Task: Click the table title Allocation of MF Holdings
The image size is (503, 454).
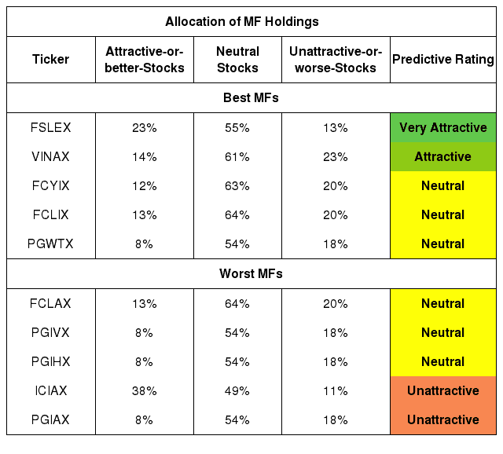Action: [242, 22]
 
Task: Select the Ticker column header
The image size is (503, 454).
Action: [50, 60]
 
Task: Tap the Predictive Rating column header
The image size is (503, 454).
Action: [443, 60]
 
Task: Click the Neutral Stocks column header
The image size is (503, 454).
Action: [237, 60]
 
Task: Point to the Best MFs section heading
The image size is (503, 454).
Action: [251, 97]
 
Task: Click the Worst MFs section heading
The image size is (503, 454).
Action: [251, 274]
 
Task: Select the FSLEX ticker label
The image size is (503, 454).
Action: [50, 127]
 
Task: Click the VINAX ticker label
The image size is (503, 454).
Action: [50, 157]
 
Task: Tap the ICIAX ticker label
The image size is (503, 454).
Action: [50, 391]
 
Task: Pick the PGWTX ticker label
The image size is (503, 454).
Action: [50, 244]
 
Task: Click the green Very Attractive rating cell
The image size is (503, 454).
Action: [443, 127]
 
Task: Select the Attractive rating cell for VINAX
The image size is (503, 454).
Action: [443, 157]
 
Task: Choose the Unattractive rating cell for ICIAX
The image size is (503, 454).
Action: [443, 391]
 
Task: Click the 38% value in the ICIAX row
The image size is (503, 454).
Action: [145, 391]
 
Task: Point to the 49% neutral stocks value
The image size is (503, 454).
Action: [237, 391]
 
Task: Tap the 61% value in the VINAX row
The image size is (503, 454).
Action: [237, 157]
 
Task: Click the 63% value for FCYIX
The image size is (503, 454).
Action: [237, 186]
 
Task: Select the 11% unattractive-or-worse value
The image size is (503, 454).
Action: [336, 391]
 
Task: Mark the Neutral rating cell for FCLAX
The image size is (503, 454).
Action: [443, 304]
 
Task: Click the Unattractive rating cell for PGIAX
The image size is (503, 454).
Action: [443, 420]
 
